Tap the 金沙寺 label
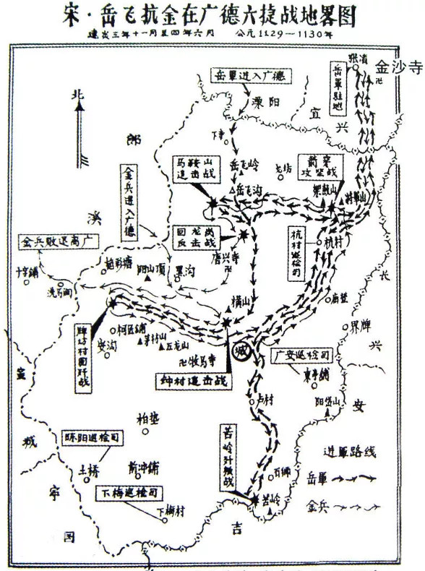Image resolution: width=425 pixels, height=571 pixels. tap(395, 67)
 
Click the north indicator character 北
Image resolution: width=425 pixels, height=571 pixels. tap(77, 95)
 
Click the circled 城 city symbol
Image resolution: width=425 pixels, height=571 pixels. tap(241, 351)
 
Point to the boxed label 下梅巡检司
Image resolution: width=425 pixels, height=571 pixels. tap(130, 492)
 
